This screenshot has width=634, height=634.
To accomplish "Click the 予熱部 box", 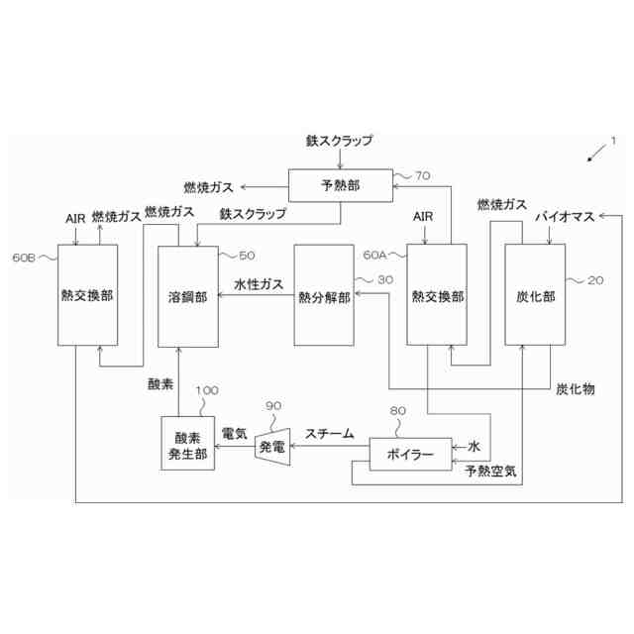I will pyautogui.click(x=340, y=186).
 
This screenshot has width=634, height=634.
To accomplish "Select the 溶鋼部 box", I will pyautogui.click(x=187, y=296).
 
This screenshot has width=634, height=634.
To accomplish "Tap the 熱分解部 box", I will pyautogui.click(x=324, y=296).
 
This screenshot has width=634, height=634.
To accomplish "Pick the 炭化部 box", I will pyautogui.click(x=535, y=295).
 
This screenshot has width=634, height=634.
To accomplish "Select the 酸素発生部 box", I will pyautogui.click(x=187, y=443).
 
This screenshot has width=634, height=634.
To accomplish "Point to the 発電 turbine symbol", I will pyautogui.click(x=271, y=446).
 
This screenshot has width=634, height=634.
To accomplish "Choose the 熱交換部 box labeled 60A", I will pyautogui.click(x=436, y=295).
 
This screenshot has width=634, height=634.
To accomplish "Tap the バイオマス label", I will pyautogui.click(x=563, y=216).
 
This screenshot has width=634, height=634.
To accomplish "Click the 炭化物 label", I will pyautogui.click(x=575, y=389).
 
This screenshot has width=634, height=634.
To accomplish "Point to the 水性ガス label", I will pyautogui.click(x=259, y=283).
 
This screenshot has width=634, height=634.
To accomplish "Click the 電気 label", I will pyautogui.click(x=234, y=433).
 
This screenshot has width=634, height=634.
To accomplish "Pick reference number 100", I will pyautogui.click(x=207, y=390).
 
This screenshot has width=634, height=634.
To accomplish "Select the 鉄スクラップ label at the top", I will pyautogui.click(x=340, y=141).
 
